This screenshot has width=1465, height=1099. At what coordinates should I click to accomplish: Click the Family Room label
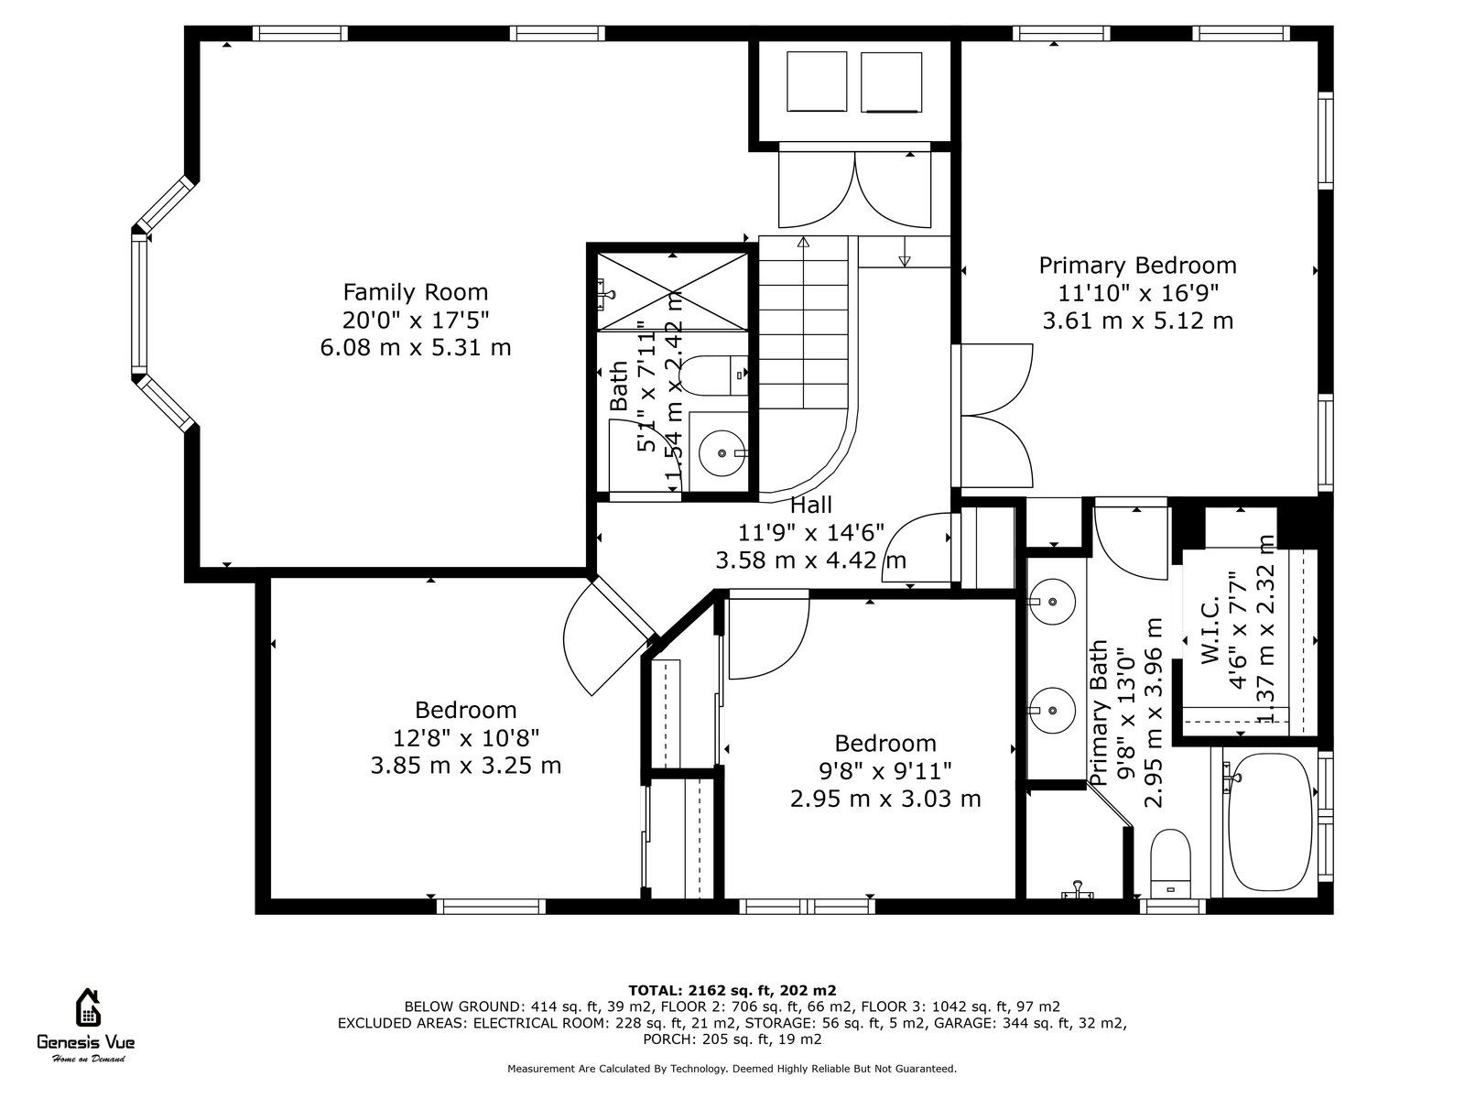click(415, 292)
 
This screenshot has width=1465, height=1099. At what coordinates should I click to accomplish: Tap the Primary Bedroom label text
click(1137, 266)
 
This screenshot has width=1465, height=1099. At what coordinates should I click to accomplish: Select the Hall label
click(811, 506)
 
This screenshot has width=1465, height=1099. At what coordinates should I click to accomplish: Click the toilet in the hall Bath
click(713, 375)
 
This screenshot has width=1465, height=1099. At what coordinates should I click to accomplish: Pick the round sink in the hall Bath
click(722, 453)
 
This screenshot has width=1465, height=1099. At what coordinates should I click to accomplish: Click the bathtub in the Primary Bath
click(1270, 822)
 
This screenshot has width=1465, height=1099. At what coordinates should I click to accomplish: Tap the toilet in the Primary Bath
click(1171, 864)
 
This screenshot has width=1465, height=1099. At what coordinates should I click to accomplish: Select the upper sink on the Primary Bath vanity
click(1051, 601)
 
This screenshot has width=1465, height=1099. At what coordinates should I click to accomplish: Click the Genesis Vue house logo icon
click(87, 1007)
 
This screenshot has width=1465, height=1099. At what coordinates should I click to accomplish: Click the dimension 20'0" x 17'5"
click(415, 321)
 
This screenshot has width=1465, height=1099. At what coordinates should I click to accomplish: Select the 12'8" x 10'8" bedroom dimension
click(465, 737)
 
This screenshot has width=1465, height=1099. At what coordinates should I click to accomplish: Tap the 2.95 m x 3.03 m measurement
click(885, 799)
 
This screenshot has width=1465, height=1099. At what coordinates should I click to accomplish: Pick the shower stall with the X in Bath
click(672, 291)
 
